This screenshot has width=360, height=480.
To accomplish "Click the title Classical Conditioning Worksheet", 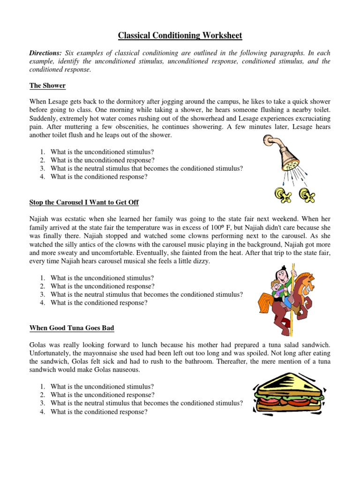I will point(180,36).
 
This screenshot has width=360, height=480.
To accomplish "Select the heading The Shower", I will point(47,85).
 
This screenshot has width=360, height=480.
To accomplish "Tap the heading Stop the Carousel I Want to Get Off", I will point(84,202).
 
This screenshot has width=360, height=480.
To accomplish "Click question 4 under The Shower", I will point(99,177).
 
